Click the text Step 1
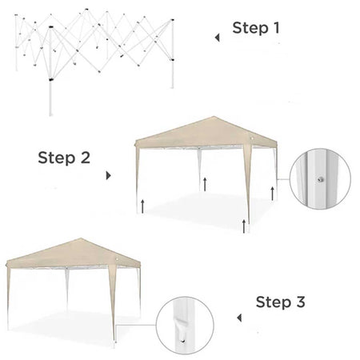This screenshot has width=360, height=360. [x=256, y=28]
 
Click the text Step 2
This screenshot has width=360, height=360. [x=64, y=158]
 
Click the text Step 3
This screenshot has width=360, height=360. [x=280, y=302]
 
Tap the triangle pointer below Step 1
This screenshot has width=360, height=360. [x=218, y=38]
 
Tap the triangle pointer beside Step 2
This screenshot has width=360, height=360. [x=109, y=175]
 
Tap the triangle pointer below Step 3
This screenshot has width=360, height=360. [x=239, y=318]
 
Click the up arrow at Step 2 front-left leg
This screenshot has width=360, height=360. [x=142, y=206]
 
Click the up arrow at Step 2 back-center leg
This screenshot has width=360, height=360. [x=205, y=184]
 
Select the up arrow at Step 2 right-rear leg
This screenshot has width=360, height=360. [x=272, y=194]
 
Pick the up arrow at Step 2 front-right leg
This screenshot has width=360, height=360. [x=244, y=226]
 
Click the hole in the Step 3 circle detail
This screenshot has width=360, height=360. [x=183, y=341]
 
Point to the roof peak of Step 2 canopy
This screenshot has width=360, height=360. [x=214, y=117]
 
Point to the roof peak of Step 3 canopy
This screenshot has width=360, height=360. [x=81, y=238]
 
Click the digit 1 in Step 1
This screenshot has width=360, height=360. [x=277, y=28]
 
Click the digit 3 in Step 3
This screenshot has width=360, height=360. [x=301, y=302]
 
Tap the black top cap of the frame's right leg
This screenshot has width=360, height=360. [x=172, y=20]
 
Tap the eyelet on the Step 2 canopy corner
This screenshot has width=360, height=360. [x=252, y=138]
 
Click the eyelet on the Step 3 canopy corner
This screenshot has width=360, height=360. [x=117, y=260]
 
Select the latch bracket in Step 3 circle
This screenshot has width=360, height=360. [x=182, y=321]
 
